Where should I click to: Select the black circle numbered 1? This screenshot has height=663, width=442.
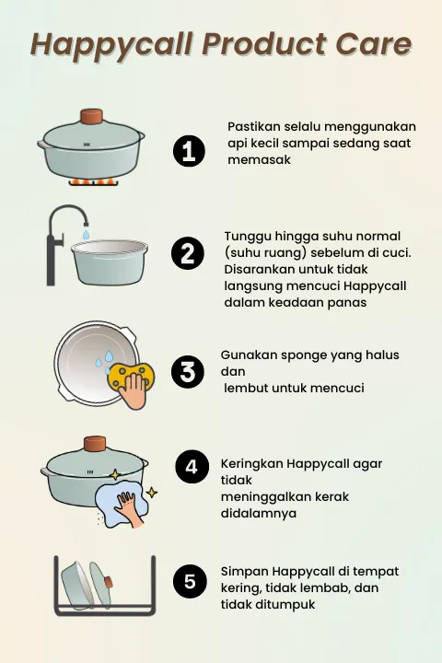point(189,151)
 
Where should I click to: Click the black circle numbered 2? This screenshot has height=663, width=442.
point(187,253)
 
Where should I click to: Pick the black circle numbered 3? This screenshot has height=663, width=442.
point(187,372)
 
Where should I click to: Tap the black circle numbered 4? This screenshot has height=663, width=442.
point(192,466)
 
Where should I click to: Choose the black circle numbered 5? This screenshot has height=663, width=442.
point(190,582)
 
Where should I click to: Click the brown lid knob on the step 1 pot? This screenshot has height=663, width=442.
point(92,117)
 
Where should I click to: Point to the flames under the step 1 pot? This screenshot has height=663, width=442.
point(93,182)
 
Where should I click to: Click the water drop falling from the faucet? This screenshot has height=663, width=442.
point(86,235)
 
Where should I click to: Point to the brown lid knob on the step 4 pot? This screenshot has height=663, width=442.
point(95,444)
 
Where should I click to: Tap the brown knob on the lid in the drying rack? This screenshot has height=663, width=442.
point(109,582)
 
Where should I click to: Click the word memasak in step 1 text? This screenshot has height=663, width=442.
point(260,160)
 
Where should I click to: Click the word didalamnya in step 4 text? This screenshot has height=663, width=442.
point(259,513)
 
